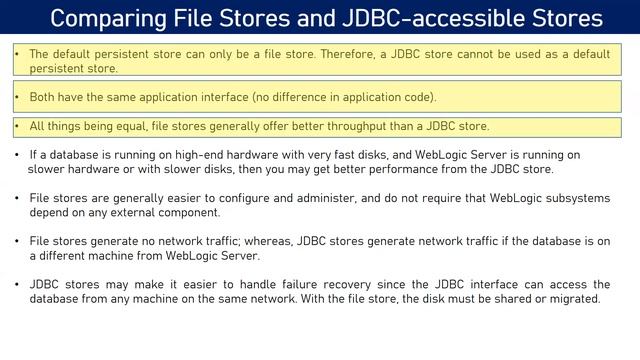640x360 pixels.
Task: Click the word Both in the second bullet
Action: pyautogui.click(x=45, y=97)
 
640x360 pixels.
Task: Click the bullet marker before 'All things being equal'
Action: pyautogui.click(x=19, y=127)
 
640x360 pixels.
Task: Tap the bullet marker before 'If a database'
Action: pyautogui.click(x=19, y=155)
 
